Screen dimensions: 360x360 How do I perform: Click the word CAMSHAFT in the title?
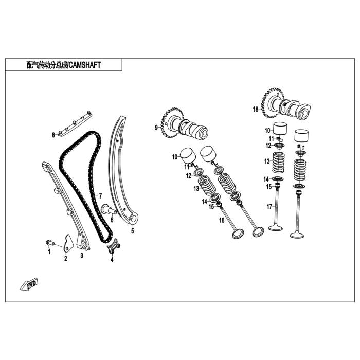[x=85, y=65]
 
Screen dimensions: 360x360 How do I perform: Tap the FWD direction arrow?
[x=29, y=284]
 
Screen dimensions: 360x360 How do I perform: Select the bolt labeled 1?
[x=49, y=242]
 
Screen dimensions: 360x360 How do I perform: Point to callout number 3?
[x=82, y=255]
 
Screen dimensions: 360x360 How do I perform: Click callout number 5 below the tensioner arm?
[x=133, y=231]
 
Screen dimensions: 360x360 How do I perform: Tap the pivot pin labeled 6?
[x=110, y=209]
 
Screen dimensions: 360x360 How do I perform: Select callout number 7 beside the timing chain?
[x=100, y=196]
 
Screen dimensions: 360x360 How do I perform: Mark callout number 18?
[x=256, y=109]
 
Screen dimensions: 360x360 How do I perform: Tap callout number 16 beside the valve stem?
[x=222, y=221]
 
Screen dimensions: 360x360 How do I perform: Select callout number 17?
[x=269, y=207]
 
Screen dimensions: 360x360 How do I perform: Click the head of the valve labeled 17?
[x=275, y=228]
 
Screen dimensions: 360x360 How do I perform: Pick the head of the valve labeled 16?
[x=238, y=234]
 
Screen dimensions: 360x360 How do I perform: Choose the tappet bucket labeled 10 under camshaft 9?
[x=188, y=156]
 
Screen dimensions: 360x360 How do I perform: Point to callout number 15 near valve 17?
[x=269, y=187]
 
